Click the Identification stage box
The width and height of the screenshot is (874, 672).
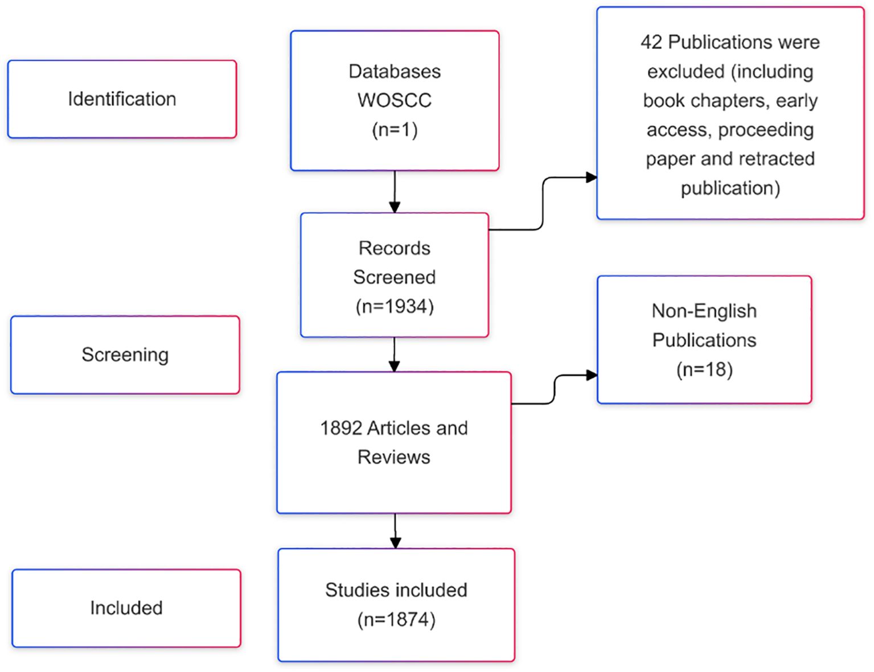coord(122,99)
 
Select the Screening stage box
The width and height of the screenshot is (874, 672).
coord(125,355)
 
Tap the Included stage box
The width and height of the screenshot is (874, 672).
coord(126,608)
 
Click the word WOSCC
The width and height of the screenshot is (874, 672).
coord(395,100)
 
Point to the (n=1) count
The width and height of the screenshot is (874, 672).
coord(395,130)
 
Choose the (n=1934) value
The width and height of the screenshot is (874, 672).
coord(395,307)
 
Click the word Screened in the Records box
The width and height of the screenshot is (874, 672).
coord(395,277)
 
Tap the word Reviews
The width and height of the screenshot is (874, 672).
coord(394,457)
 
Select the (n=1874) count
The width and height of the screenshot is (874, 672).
coord(396,619)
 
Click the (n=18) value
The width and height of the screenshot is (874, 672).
coord(704,369)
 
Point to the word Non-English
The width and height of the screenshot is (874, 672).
coord(704,311)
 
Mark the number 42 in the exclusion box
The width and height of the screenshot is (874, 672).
coord(651,42)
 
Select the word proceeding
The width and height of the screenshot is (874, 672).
coord(766,129)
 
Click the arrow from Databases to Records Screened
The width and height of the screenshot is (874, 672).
coord(395,192)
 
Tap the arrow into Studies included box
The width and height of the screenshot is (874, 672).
coord(395,531)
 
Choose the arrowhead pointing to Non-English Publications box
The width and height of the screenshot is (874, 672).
coord(592,375)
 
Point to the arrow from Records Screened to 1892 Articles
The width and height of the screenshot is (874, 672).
coord(395,354)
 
